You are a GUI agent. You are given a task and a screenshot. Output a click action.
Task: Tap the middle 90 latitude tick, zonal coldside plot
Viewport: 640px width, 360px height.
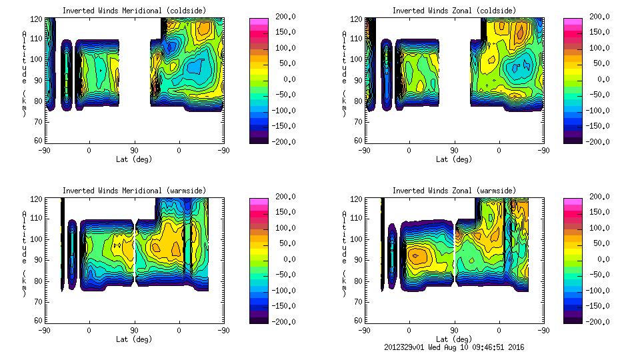pos(454,151)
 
